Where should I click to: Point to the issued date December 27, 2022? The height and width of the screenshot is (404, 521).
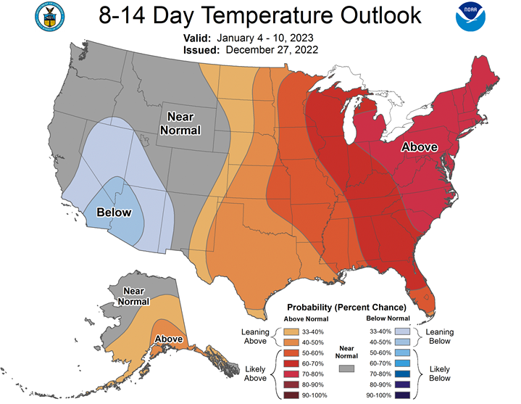coord(272,49)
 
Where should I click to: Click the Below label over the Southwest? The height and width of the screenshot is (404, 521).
coord(114,213)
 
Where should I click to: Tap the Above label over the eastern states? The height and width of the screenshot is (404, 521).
coord(420,147)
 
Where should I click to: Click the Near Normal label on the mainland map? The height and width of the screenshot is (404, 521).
coord(185,123)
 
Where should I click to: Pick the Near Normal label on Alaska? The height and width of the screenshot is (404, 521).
coord(136,296)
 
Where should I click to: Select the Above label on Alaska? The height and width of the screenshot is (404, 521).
coord(169,339)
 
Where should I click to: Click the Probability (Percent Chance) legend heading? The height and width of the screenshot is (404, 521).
coord(346,308)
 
